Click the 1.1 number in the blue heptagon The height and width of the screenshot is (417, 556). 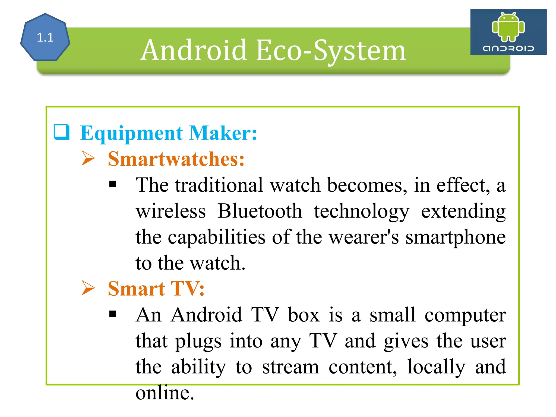[45, 37]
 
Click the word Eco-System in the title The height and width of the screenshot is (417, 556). [331, 50]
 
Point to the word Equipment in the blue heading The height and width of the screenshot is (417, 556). [132, 133]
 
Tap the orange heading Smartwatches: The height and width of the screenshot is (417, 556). [176, 159]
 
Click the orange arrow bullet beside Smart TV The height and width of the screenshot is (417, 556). [88, 288]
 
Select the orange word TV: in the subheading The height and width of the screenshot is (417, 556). [187, 288]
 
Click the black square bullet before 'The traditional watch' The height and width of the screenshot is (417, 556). [112, 185]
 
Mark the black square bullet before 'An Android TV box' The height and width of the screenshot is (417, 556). [112, 314]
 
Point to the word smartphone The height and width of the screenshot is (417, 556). [456, 237]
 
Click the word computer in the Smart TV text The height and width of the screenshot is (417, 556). [465, 315]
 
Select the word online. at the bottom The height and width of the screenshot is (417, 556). [165, 393]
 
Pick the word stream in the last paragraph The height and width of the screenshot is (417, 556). [290, 367]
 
